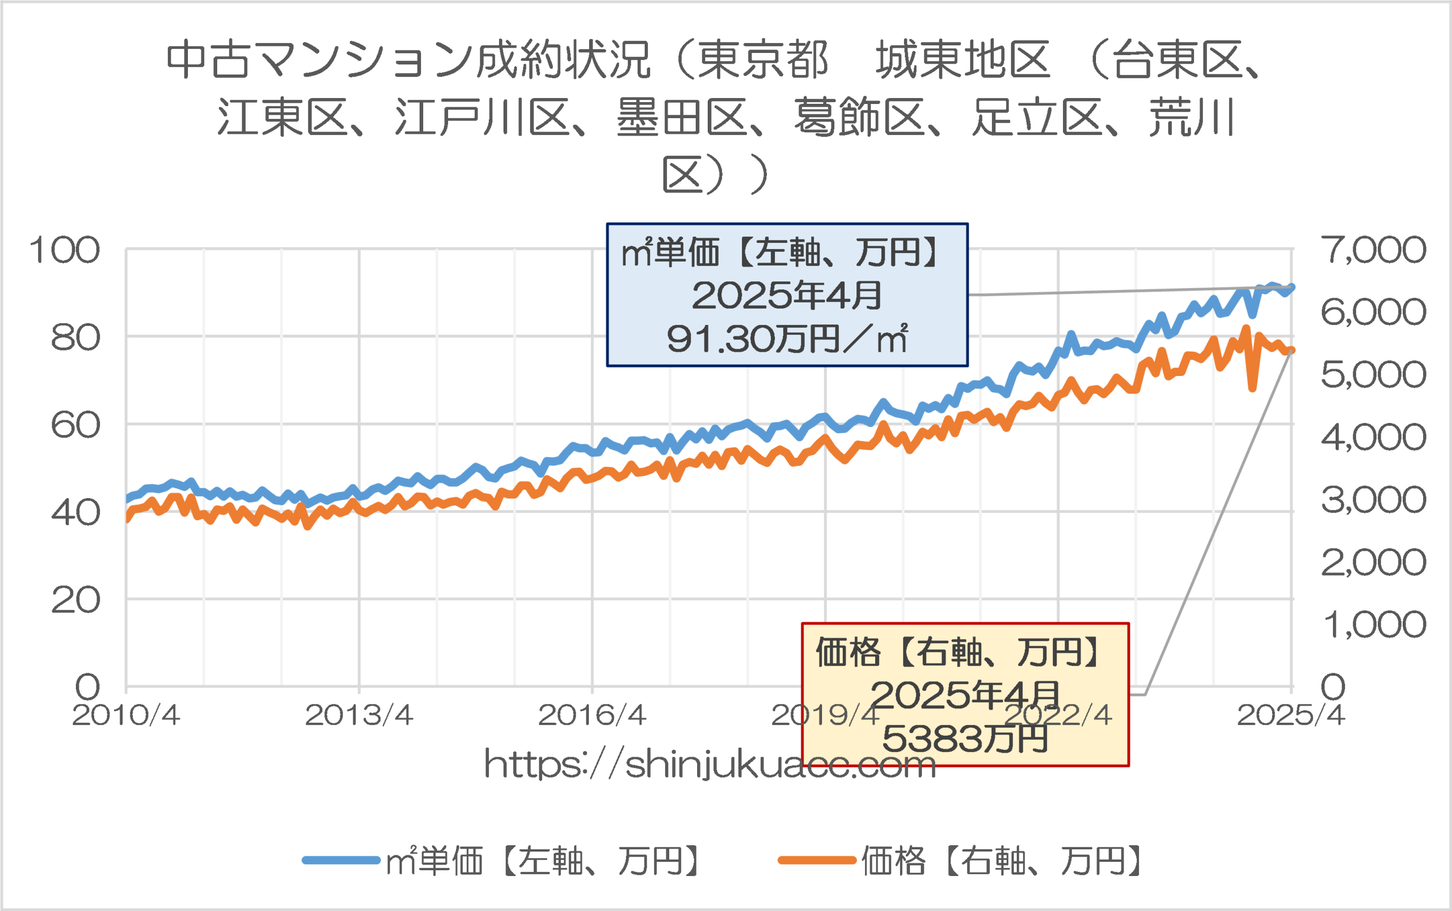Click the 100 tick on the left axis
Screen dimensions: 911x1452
tap(65, 250)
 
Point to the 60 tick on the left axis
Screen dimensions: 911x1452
tap(75, 425)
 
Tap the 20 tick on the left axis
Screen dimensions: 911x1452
tap(75, 600)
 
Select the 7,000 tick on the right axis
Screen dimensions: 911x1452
tap(1373, 250)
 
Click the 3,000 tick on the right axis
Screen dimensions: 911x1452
tap(1373, 500)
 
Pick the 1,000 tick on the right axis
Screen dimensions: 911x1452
tap(1373, 625)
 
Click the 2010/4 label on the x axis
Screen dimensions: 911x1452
tap(126, 715)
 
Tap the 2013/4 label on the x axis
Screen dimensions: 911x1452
tap(359, 715)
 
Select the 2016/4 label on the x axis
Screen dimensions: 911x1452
tap(592, 715)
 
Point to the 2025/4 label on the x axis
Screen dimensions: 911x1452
tap(1290, 715)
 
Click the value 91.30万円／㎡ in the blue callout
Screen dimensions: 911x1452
tap(787, 339)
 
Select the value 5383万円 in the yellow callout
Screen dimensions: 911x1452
tap(965, 739)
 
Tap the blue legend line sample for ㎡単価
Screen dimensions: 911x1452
tap(341, 860)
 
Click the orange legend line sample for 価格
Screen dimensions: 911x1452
tap(816, 860)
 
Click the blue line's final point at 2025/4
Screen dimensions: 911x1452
tap(1291, 288)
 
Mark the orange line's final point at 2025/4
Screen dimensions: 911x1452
tap(1291, 351)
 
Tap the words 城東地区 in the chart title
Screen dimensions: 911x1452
tap(962, 60)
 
